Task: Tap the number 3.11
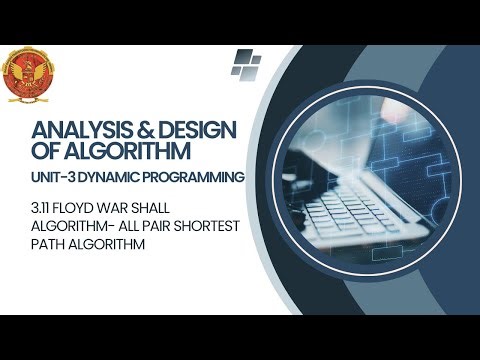pos(43,210)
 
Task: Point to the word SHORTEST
pos(207,227)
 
